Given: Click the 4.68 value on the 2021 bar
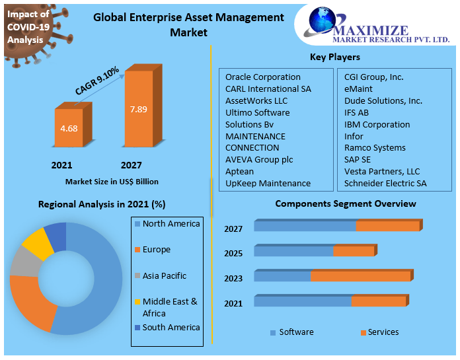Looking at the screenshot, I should click(x=69, y=127).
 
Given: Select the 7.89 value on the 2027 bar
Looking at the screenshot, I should click(x=139, y=109).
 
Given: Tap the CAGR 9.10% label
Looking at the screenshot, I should click(x=96, y=81).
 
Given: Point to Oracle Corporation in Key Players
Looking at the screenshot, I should click(x=262, y=77).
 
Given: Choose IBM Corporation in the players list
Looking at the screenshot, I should click(x=377, y=124).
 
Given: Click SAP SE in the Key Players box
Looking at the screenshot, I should click(x=357, y=160).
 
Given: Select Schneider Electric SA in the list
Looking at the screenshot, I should click(x=385, y=183).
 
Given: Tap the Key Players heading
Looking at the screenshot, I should click(x=334, y=57).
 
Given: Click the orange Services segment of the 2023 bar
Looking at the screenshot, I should click(x=360, y=276).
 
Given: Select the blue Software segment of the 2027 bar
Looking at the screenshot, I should click(x=305, y=226).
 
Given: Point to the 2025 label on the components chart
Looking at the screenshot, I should click(x=233, y=254).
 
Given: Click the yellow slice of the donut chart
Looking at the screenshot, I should click(x=38, y=244).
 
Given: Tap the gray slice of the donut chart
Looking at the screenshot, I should click(x=22, y=263).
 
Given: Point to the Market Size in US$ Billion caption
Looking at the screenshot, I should click(x=112, y=181).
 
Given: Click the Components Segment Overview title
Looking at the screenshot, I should click(x=346, y=203).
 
